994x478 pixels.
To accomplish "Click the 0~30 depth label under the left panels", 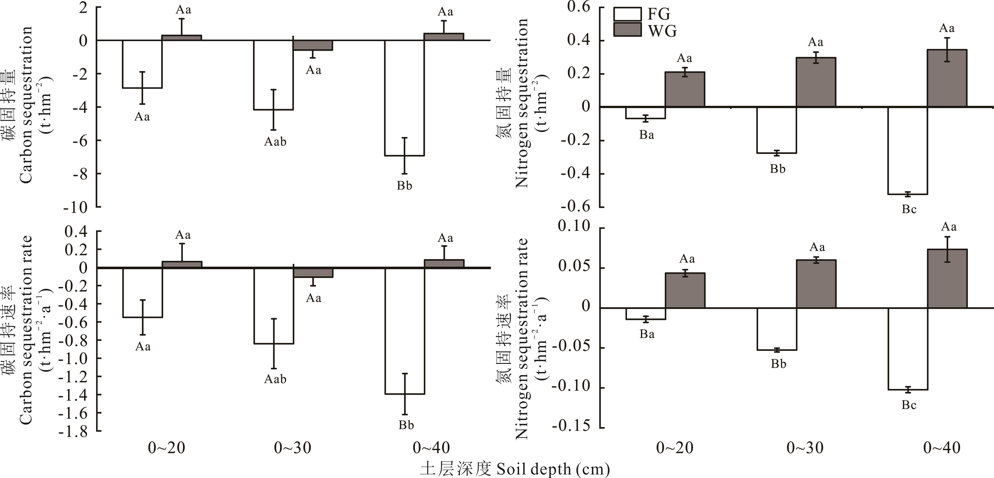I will click(x=292, y=448).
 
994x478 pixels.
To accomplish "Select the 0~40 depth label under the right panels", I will click(x=941, y=448).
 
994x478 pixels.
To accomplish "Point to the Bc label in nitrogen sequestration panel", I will click(x=909, y=209).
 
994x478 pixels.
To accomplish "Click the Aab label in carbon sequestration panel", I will click(x=275, y=142).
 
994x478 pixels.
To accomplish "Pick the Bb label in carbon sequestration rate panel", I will click(x=406, y=425).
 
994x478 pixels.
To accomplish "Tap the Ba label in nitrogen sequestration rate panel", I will click(x=647, y=334).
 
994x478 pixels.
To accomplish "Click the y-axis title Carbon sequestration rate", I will click(x=25, y=330).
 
